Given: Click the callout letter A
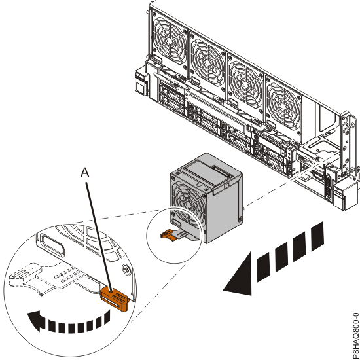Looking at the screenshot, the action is [84, 172].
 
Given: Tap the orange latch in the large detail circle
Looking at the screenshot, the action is [114, 298].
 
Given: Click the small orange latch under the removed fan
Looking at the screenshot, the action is [169, 234].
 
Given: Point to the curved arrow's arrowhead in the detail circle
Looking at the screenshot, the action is [35, 321].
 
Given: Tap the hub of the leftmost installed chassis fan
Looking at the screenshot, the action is [170, 39].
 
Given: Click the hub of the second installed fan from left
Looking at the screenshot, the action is [207, 62].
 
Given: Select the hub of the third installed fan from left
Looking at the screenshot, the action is [245, 84].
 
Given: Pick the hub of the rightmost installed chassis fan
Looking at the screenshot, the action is [284, 106].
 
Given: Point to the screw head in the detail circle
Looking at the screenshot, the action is [126, 268].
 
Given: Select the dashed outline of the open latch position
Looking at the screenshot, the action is [35, 277].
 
